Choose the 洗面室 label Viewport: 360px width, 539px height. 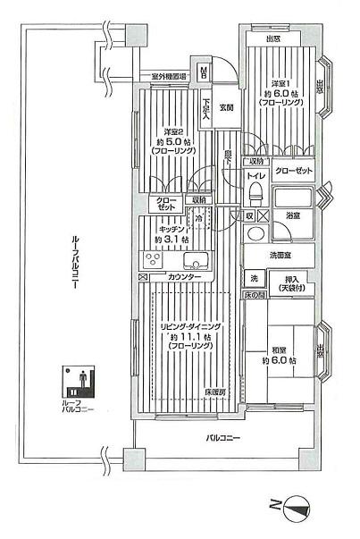pos(283,257)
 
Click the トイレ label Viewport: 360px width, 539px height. pos(256,177)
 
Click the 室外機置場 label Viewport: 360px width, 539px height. pos(168,78)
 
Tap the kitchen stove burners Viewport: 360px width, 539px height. pos(153,261)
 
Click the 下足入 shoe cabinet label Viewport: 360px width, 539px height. pos(206,108)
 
